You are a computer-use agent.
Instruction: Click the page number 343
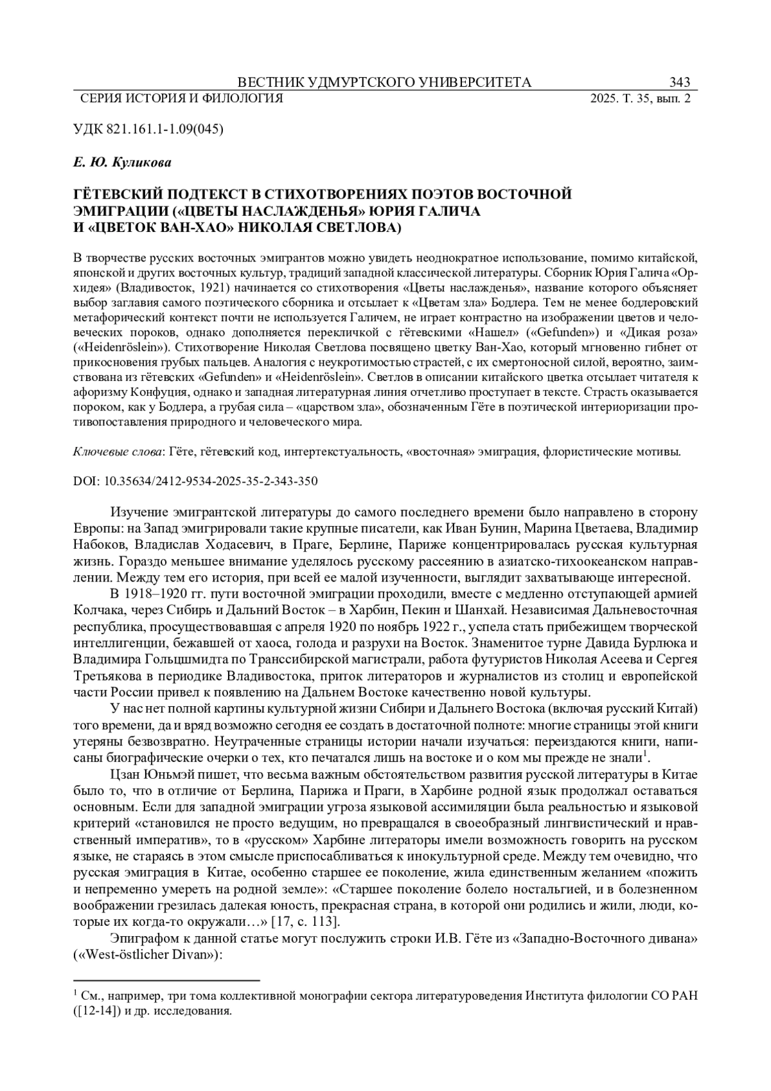(x=679, y=82)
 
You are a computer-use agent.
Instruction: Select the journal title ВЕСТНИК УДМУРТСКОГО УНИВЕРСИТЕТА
(x=384, y=82)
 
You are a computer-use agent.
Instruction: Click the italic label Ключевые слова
(x=117, y=452)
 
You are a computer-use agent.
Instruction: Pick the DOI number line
(x=196, y=481)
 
